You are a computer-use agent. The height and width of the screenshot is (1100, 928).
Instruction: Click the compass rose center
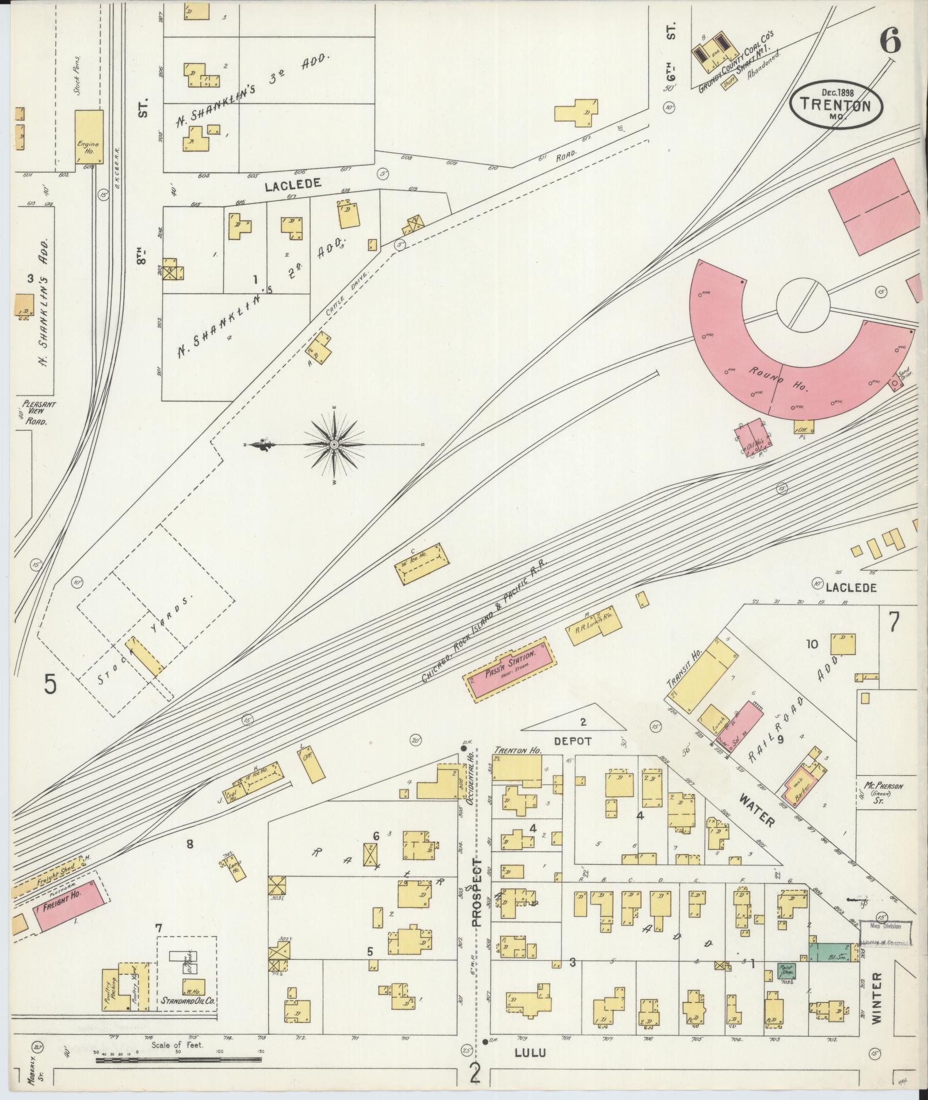tap(334, 445)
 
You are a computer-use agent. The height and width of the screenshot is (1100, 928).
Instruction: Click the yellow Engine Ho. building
tap(89, 137)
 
